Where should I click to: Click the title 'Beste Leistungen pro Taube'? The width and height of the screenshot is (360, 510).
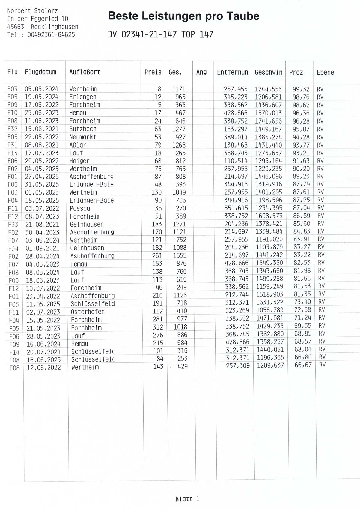tap(183, 16)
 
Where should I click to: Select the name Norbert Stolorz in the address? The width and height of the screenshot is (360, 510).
tap(32, 11)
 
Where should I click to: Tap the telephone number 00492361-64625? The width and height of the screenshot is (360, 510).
tap(51, 35)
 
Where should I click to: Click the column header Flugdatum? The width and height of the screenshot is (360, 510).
tap(40, 72)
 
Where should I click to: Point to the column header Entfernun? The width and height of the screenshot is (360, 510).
tap(232, 72)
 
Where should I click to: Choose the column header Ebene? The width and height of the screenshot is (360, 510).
tap(325, 72)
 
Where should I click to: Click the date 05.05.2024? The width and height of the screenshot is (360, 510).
tap(42, 89)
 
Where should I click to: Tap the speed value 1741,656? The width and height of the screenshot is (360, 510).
tap(268, 121)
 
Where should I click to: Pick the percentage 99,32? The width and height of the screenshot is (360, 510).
tap(301, 89)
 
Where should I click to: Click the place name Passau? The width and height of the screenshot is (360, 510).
tap(80, 208)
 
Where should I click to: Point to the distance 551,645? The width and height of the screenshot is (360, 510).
tap(236, 208)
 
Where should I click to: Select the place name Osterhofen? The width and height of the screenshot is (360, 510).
tap(88, 312)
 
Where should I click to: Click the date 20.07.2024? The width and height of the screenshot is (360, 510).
tap(43, 352)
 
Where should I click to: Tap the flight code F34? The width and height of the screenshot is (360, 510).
tap(13, 249)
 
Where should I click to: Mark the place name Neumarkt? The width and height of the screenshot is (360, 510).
tap(83, 137)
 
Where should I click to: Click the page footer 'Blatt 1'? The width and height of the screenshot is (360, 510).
tap(187, 499)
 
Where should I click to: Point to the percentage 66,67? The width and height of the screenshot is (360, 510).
tap(303, 365)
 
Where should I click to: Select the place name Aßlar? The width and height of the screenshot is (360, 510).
tap(78, 145)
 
